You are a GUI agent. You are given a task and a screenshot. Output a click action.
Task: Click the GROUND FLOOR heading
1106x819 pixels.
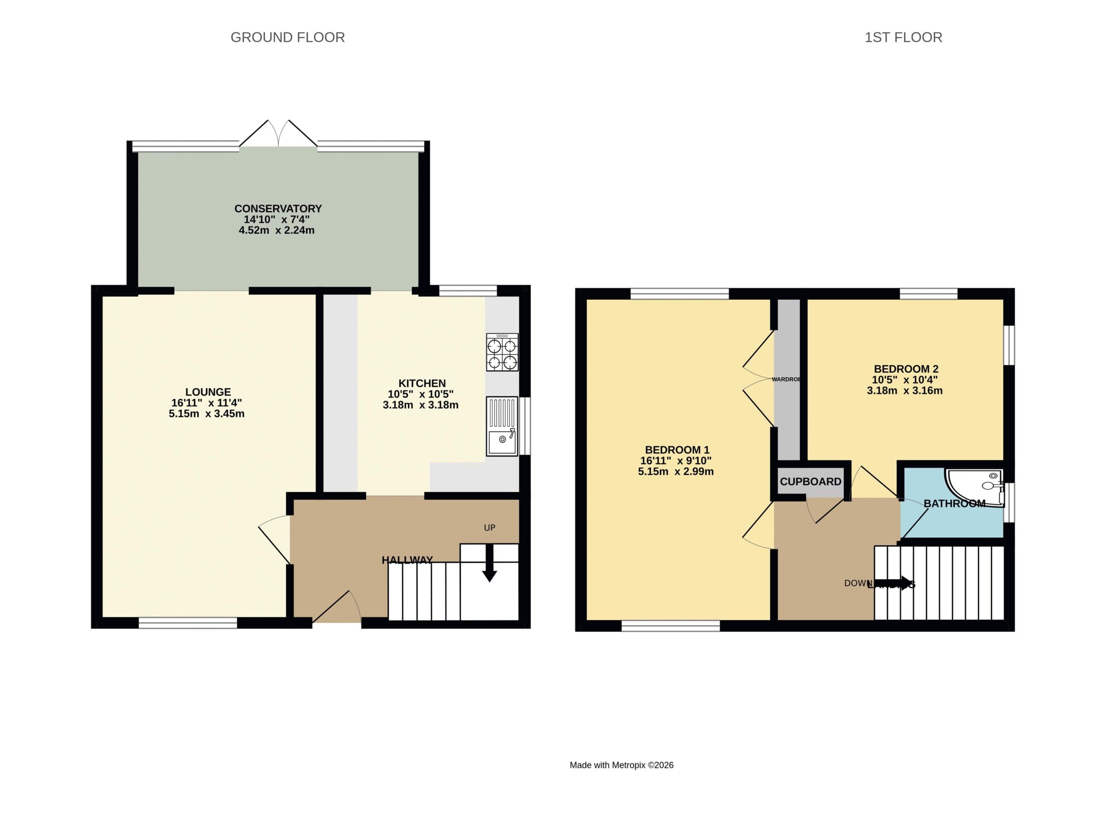click(287, 37)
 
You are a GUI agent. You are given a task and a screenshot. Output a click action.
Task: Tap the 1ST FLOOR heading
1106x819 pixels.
click(903, 37)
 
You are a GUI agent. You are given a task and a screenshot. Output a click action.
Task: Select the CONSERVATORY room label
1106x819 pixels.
click(278, 208)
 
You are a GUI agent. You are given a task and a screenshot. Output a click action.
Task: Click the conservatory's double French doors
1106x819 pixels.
click(278, 134)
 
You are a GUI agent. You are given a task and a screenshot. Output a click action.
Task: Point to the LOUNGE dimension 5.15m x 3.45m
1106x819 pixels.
click(206, 413)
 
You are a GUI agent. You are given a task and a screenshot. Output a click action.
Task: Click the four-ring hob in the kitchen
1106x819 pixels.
click(502, 352)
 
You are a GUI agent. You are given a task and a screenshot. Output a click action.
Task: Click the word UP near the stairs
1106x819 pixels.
click(489, 528)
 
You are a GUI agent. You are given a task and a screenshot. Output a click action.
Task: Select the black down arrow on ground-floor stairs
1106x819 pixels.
click(489, 570)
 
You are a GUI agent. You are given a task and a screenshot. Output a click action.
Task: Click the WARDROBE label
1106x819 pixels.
click(786, 379)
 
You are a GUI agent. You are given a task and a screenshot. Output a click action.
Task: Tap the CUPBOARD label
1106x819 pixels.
click(810, 482)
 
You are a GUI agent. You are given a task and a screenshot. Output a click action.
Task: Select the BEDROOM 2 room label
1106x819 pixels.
click(906, 369)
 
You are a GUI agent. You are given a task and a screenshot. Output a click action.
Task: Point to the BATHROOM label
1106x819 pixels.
click(954, 503)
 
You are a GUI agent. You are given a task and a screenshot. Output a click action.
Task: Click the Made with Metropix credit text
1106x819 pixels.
click(621, 765)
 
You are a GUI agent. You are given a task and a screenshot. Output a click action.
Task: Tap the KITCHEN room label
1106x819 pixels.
click(422, 383)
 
